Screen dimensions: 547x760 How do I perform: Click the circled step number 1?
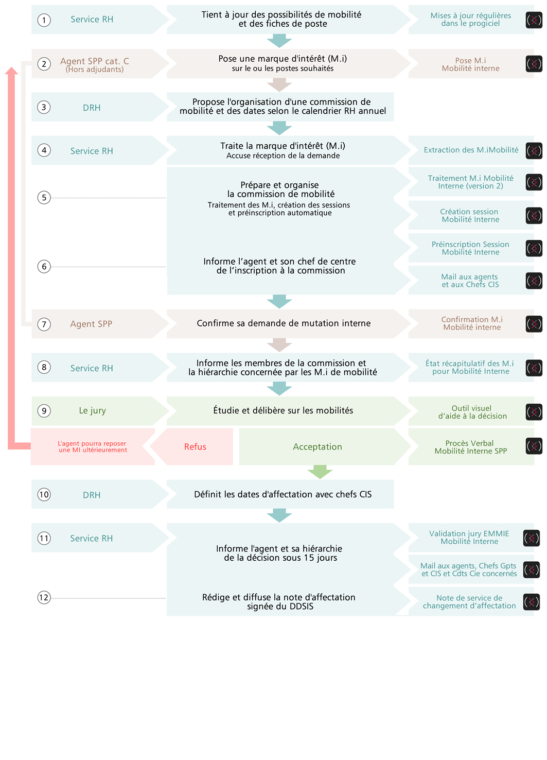(x=44, y=20)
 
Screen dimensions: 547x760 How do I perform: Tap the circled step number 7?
(x=44, y=324)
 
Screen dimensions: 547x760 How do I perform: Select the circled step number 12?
(x=44, y=597)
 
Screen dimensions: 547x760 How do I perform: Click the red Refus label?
(x=195, y=447)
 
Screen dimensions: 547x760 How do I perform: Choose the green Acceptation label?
(x=317, y=447)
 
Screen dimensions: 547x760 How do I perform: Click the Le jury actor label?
(x=92, y=410)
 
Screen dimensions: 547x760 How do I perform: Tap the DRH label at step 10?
(x=92, y=495)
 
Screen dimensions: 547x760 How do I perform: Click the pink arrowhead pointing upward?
(x=11, y=71)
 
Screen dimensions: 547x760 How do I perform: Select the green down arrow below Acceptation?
(x=320, y=472)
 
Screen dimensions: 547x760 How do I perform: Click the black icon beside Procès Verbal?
(x=534, y=446)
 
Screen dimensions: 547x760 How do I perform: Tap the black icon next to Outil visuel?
(x=534, y=412)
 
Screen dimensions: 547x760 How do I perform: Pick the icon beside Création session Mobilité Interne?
(x=534, y=215)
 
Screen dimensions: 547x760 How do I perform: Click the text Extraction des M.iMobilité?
(x=471, y=150)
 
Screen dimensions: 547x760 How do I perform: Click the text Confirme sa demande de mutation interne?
(x=284, y=323)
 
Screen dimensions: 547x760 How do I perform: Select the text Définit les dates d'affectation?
(x=253, y=494)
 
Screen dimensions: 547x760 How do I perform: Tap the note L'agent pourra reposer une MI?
(x=92, y=446)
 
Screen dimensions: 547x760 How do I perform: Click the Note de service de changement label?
(x=469, y=602)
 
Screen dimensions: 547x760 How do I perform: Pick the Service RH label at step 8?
(x=92, y=368)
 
